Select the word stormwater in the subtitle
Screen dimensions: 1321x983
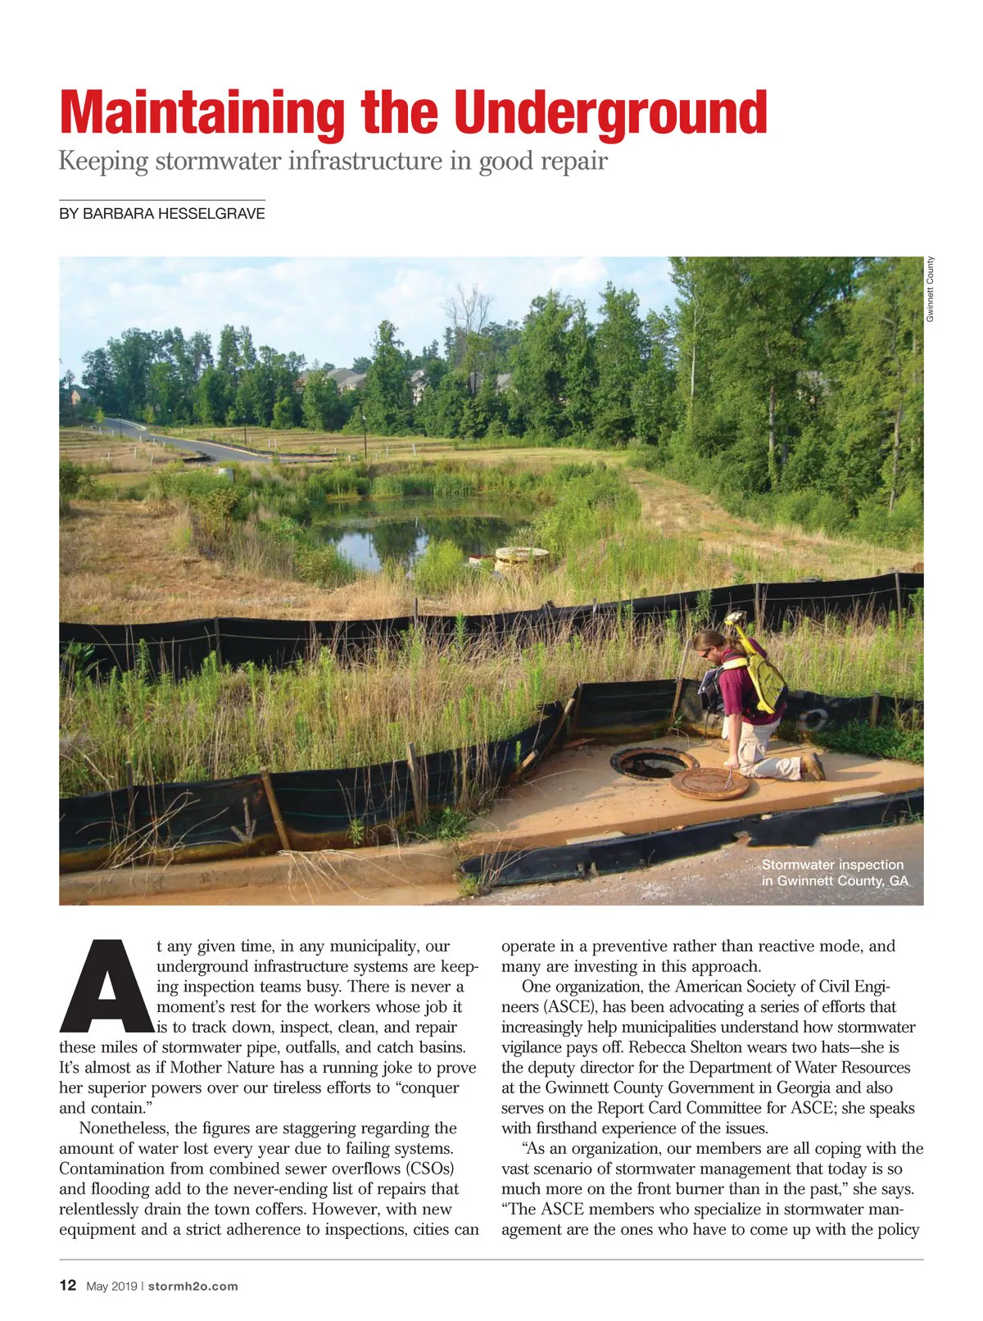(x=216, y=161)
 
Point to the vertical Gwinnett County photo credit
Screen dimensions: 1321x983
(x=931, y=289)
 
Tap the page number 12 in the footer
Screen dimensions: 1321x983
(x=68, y=1286)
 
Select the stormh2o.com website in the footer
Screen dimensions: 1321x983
(x=193, y=1287)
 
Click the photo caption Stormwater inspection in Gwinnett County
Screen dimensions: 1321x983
(x=834, y=873)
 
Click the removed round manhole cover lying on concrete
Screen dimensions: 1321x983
(x=709, y=783)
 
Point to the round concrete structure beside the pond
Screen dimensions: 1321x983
(x=522, y=558)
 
